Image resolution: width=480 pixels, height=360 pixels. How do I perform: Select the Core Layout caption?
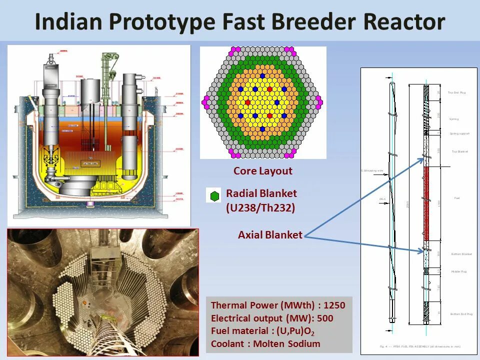262,171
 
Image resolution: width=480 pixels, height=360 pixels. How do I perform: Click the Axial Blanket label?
270,235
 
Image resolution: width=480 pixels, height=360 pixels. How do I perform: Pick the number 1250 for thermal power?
335,305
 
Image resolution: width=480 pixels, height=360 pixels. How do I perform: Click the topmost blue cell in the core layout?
262,75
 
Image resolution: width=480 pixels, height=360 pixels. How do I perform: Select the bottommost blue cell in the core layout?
262,129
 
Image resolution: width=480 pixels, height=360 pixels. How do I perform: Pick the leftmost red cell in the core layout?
247,102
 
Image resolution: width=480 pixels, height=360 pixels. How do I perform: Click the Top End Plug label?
456,92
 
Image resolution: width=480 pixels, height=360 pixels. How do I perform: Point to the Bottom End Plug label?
461,314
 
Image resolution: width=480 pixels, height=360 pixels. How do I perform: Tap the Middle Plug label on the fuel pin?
458,271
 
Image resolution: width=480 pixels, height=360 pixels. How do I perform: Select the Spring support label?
459,133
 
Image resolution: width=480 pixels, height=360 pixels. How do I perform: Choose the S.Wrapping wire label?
372,171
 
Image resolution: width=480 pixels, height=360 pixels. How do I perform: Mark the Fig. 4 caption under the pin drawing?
420,346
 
